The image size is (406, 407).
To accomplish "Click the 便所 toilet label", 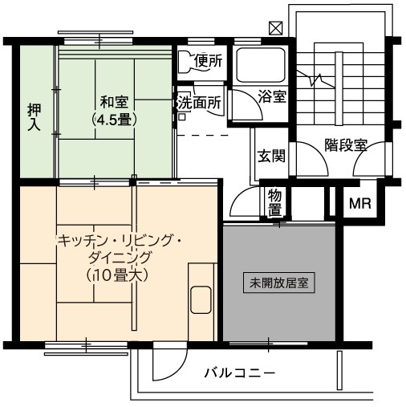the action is click(x=209, y=61).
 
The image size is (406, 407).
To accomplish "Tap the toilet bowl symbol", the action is click(x=186, y=61).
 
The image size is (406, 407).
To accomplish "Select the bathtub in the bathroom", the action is click(x=261, y=65).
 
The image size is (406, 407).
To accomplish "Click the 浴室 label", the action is click(x=273, y=96).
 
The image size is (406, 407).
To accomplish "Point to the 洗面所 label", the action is click(x=200, y=102).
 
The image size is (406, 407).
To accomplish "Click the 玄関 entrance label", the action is click(x=271, y=156).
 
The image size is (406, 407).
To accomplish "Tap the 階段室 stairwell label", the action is click(x=346, y=145).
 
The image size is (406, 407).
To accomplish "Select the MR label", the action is click(x=360, y=204).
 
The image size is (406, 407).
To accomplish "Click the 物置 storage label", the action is click(x=274, y=202).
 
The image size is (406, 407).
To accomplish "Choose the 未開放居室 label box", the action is click(x=279, y=283).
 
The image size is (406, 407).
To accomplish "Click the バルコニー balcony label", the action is click(x=240, y=372).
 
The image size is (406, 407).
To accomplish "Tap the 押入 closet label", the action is click(x=35, y=117).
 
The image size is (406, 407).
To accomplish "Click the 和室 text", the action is click(x=114, y=102).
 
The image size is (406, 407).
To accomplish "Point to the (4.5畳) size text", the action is click(x=114, y=120).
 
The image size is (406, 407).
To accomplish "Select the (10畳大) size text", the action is click(x=117, y=275).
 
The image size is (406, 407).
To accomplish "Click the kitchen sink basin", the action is click(x=201, y=300).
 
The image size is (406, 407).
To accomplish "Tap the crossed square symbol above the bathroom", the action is click(x=275, y=28).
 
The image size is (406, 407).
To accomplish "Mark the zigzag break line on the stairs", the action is click(x=315, y=79).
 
